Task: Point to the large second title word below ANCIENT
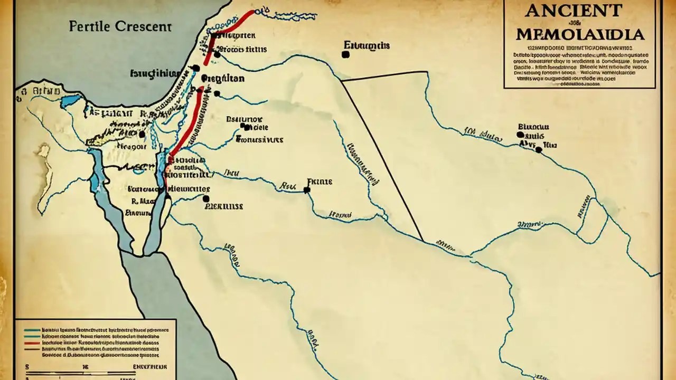pyautogui.click(x=579, y=35)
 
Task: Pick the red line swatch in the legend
pyautogui.click(x=32, y=341)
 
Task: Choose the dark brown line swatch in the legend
pyautogui.click(x=32, y=349)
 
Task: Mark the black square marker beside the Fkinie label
pyautogui.click(x=307, y=190)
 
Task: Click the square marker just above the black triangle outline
pyautogui.click(x=345, y=54)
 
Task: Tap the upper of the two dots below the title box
pyautogui.click(x=521, y=135)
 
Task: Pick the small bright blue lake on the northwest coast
pyautogui.click(x=71, y=101)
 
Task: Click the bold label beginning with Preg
pyautogui.click(x=223, y=78)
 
